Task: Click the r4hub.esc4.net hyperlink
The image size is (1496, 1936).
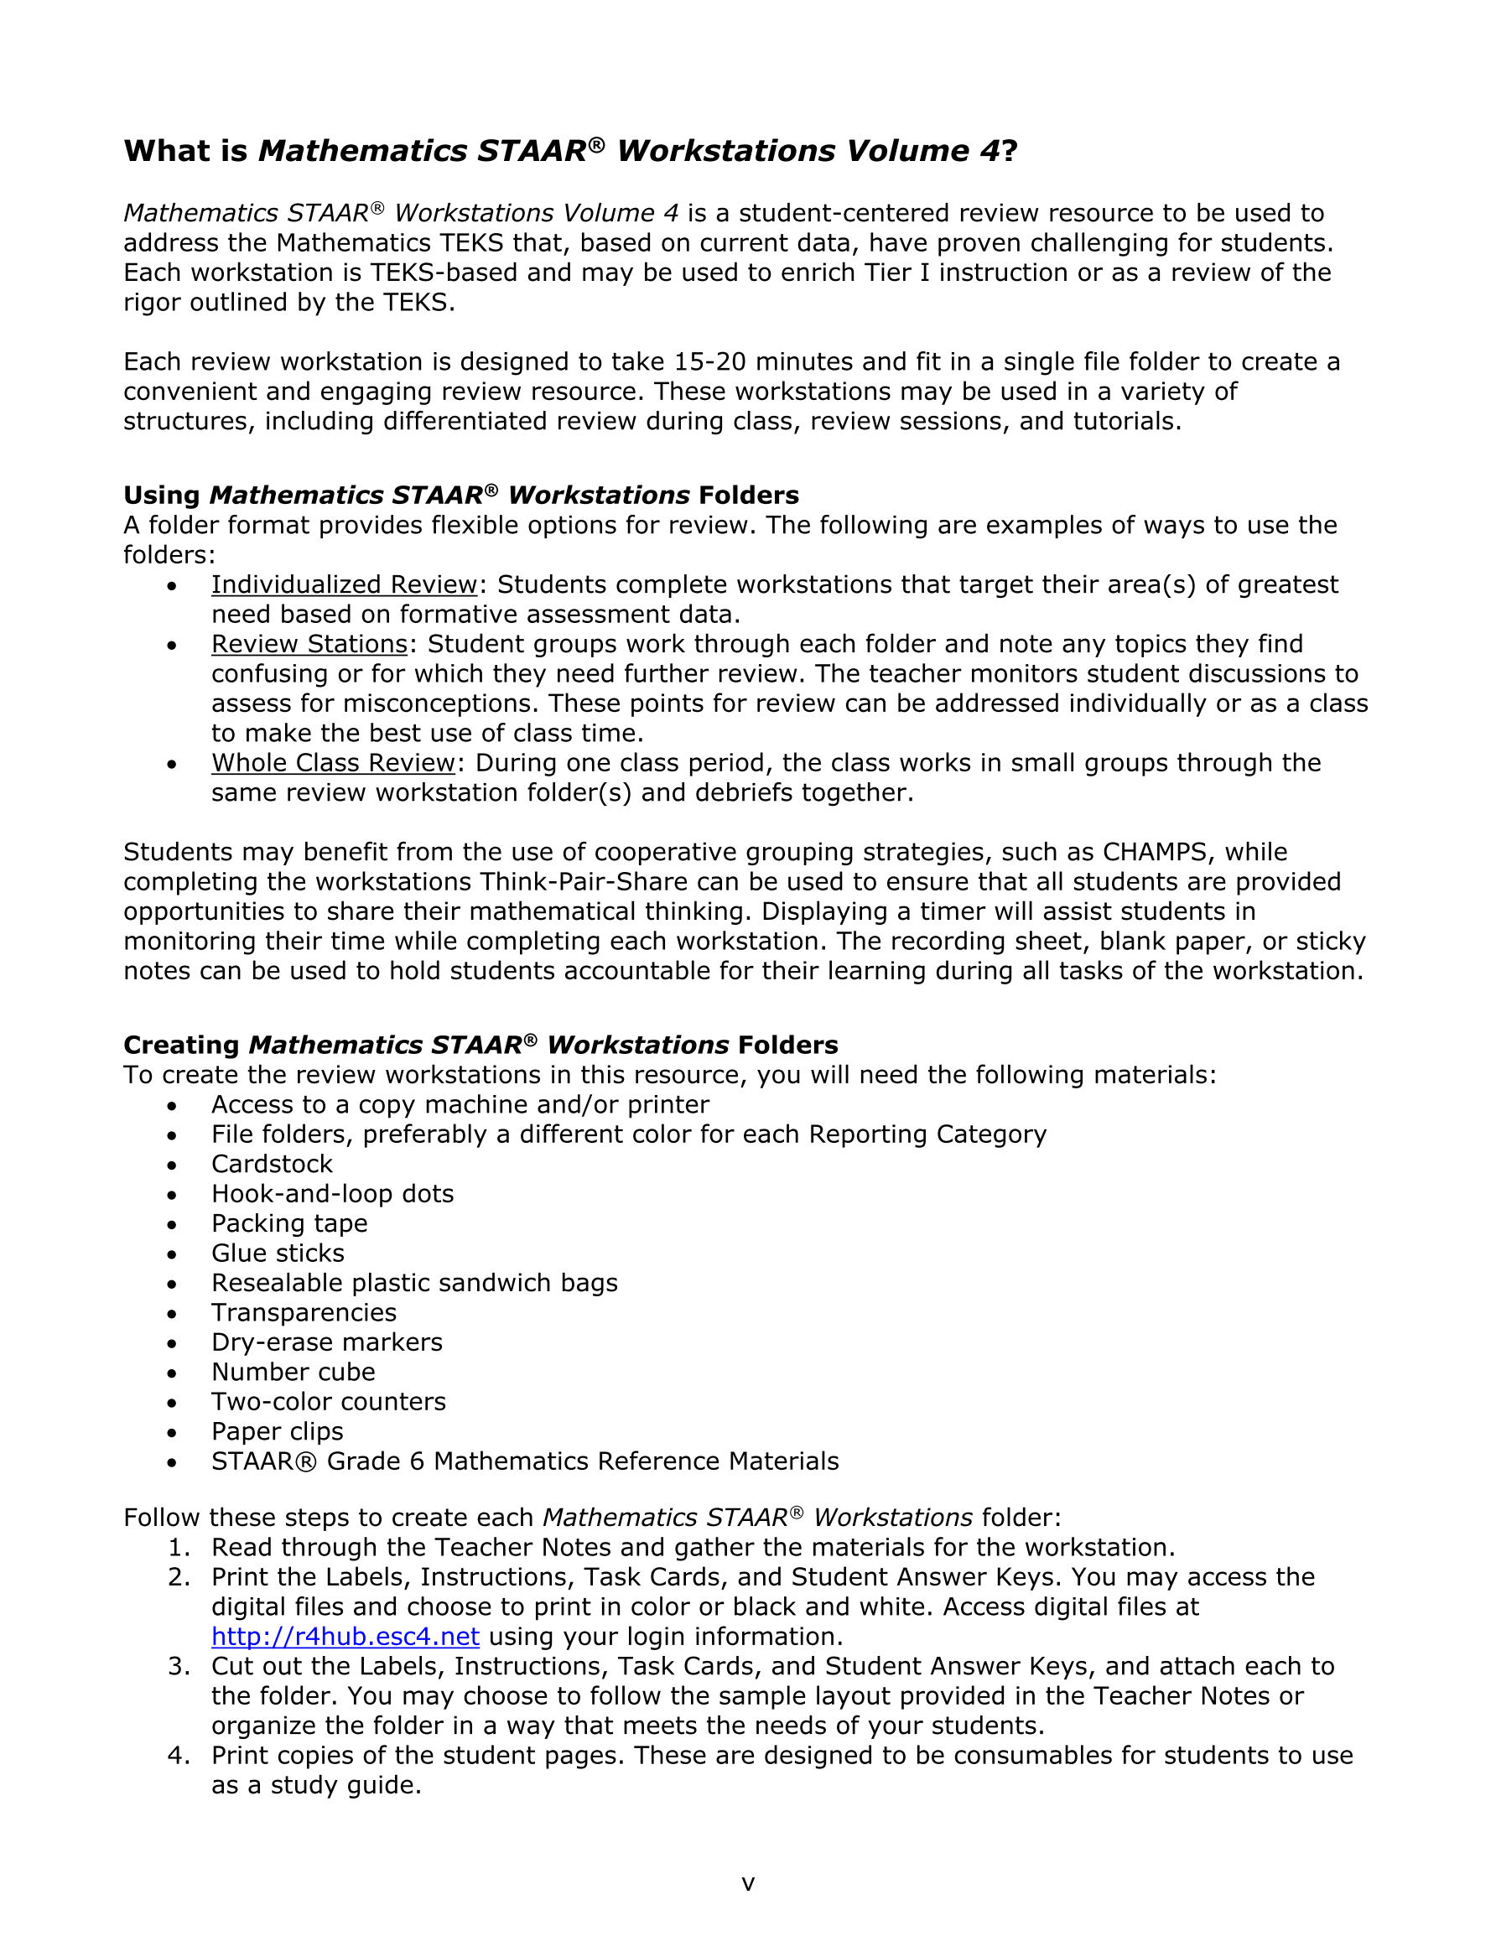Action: tap(345, 1637)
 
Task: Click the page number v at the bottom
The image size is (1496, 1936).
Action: tap(747, 1884)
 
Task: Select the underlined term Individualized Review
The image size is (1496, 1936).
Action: tap(344, 585)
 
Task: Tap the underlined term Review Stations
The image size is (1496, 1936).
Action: tap(309, 645)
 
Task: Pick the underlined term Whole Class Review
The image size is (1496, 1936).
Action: tap(334, 763)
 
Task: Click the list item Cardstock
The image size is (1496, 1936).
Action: tap(272, 1164)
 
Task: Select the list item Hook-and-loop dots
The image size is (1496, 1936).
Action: tap(332, 1194)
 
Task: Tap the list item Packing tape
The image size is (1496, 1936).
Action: tap(289, 1223)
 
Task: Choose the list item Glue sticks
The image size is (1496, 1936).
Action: tap(278, 1253)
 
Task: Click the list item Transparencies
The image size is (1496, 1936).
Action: tap(304, 1313)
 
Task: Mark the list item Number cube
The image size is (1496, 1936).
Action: tap(293, 1373)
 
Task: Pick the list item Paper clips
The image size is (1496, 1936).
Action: tap(277, 1431)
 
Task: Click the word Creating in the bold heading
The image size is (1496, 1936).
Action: tap(181, 1045)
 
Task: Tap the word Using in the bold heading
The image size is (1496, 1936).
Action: tap(161, 496)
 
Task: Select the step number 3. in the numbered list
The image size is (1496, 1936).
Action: tap(179, 1667)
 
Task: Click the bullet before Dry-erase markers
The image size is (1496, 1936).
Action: tap(172, 1344)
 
